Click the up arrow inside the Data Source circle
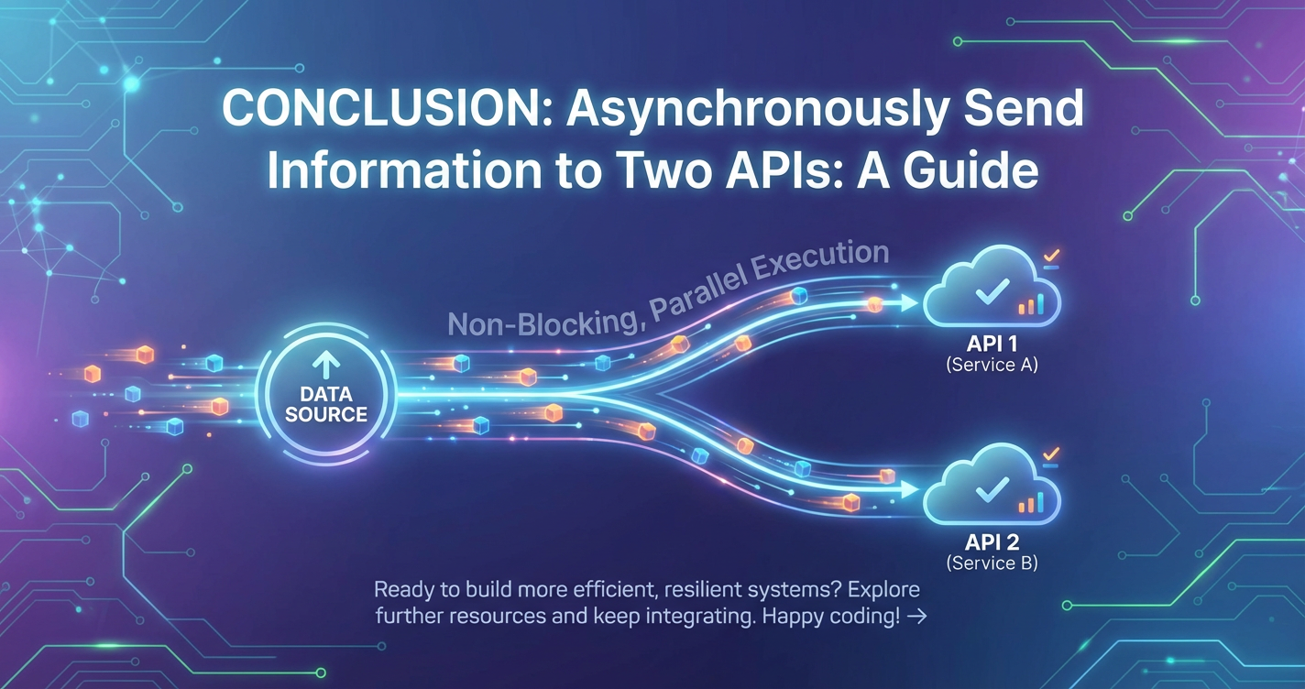click(x=325, y=366)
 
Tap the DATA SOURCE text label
click(x=326, y=404)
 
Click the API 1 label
click(x=992, y=344)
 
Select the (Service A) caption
click(x=992, y=366)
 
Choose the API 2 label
click(x=992, y=542)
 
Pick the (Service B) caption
click(x=992, y=563)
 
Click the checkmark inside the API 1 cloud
click(x=992, y=291)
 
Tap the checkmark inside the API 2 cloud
click(x=992, y=489)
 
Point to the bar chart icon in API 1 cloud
click(x=1031, y=304)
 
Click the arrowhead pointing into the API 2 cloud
click(x=909, y=489)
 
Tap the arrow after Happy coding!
click(x=917, y=617)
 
